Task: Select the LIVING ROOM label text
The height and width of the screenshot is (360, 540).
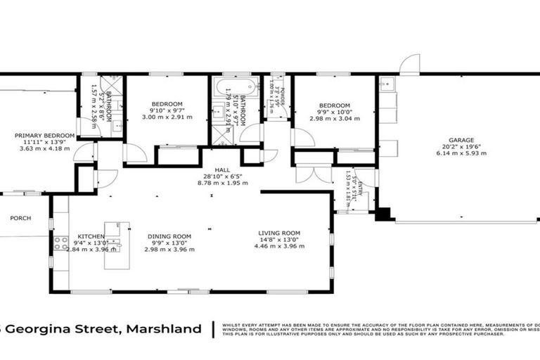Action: click(x=279, y=233)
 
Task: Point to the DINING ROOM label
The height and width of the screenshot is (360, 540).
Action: click(x=169, y=236)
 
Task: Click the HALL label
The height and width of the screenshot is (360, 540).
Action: click(x=212, y=169)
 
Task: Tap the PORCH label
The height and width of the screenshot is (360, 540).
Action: click(x=20, y=218)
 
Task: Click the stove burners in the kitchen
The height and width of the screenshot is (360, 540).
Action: click(x=61, y=243)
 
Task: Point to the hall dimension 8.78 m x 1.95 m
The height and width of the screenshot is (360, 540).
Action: click(x=212, y=183)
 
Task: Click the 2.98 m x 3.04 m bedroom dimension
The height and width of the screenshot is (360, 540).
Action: click(x=335, y=118)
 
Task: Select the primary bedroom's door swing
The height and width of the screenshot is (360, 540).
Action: click(x=84, y=152)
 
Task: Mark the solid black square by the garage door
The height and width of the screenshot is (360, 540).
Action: click(x=384, y=214)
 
